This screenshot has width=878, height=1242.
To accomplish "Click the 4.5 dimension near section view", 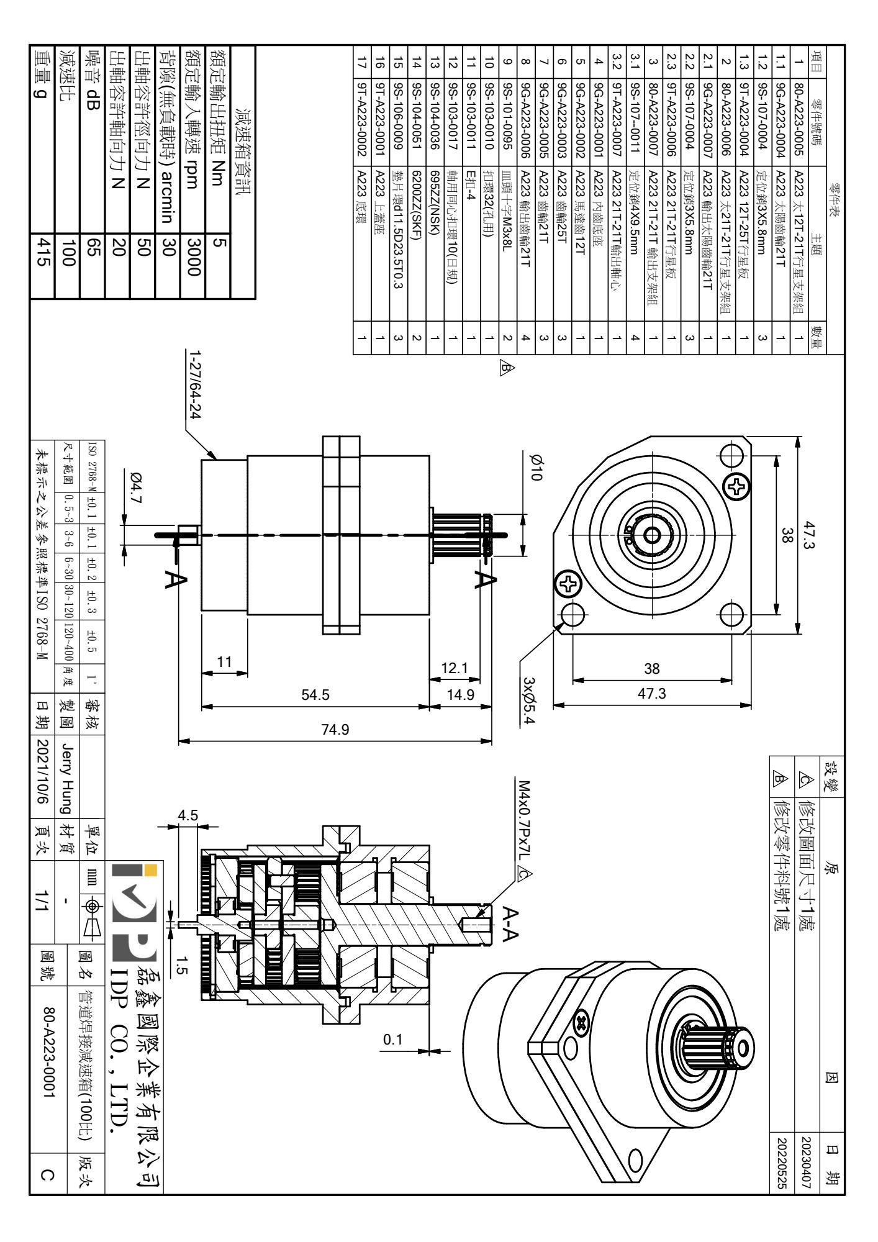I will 187,815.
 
